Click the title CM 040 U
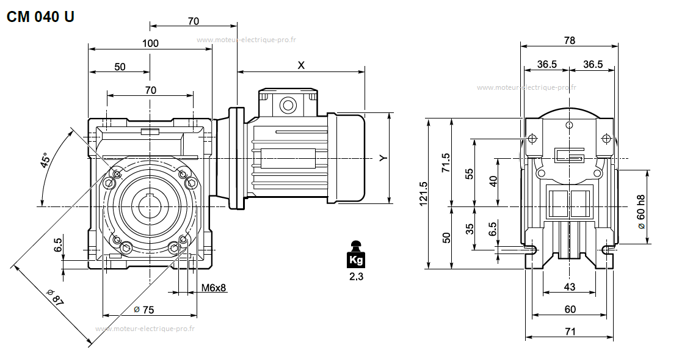[x=40, y=17]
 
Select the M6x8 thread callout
[x=214, y=287]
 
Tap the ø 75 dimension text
[x=144, y=310]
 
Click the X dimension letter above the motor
[x=301, y=65]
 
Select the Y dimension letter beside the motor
[x=383, y=158]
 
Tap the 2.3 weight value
[x=355, y=276]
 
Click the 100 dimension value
[x=150, y=43]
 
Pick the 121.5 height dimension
[x=424, y=194]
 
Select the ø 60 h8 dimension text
[x=641, y=212]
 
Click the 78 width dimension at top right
[x=569, y=40]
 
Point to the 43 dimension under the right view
[x=569, y=286]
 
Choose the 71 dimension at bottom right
[x=569, y=332]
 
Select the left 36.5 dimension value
[x=546, y=64]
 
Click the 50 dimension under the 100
[x=120, y=67]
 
